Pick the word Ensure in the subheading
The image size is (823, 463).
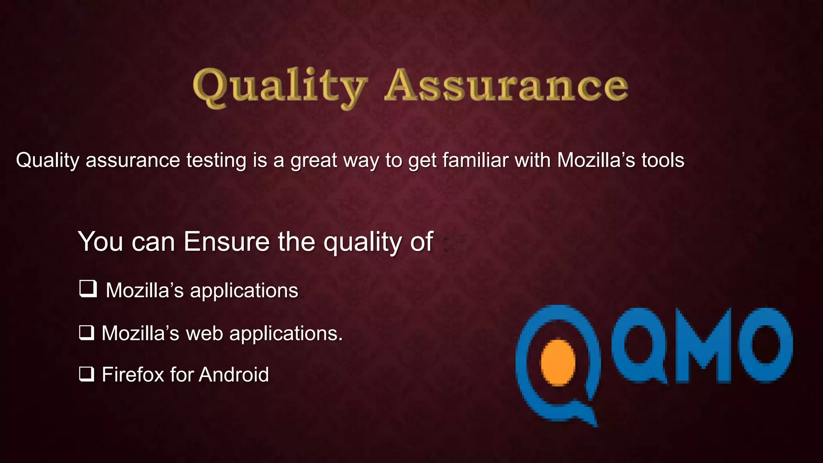click(227, 242)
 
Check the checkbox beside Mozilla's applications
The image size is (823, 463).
click(88, 289)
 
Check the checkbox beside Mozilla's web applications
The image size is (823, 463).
click(87, 333)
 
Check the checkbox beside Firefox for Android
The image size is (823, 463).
click(87, 374)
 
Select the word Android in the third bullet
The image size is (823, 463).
click(233, 375)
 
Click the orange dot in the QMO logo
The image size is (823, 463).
click(558, 362)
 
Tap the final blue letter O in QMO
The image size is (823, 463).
click(764, 346)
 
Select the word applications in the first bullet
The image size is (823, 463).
click(244, 291)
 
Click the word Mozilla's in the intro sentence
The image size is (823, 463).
click(596, 160)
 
